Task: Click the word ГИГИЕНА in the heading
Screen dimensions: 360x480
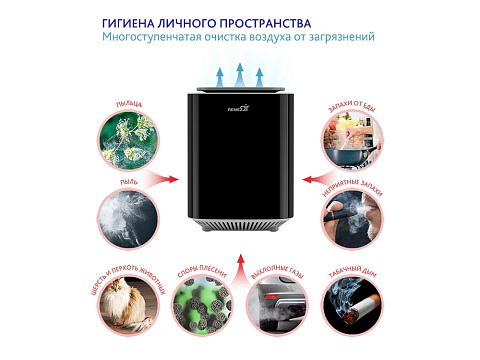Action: pos(131,22)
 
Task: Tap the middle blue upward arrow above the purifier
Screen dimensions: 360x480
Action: pos(238,75)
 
